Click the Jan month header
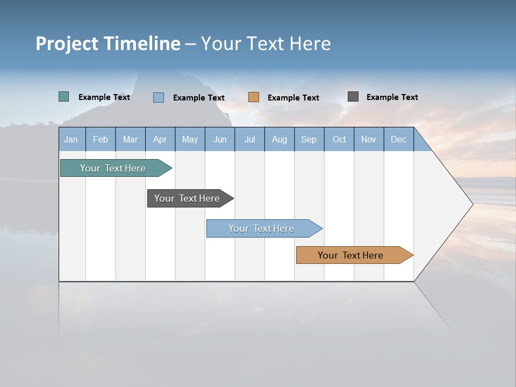[x=71, y=140]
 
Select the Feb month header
[x=101, y=140]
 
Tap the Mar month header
[x=130, y=140]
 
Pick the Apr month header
[x=160, y=140]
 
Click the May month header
[x=190, y=140]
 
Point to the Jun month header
[x=220, y=140]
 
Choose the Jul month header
[x=249, y=140]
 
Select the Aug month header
[x=279, y=140]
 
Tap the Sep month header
[x=309, y=140]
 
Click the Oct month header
[x=339, y=140]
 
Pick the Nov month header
[x=369, y=140]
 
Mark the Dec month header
[x=399, y=140]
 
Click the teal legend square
[x=64, y=97]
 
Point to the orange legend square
[x=254, y=97]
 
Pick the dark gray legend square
[x=353, y=97]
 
